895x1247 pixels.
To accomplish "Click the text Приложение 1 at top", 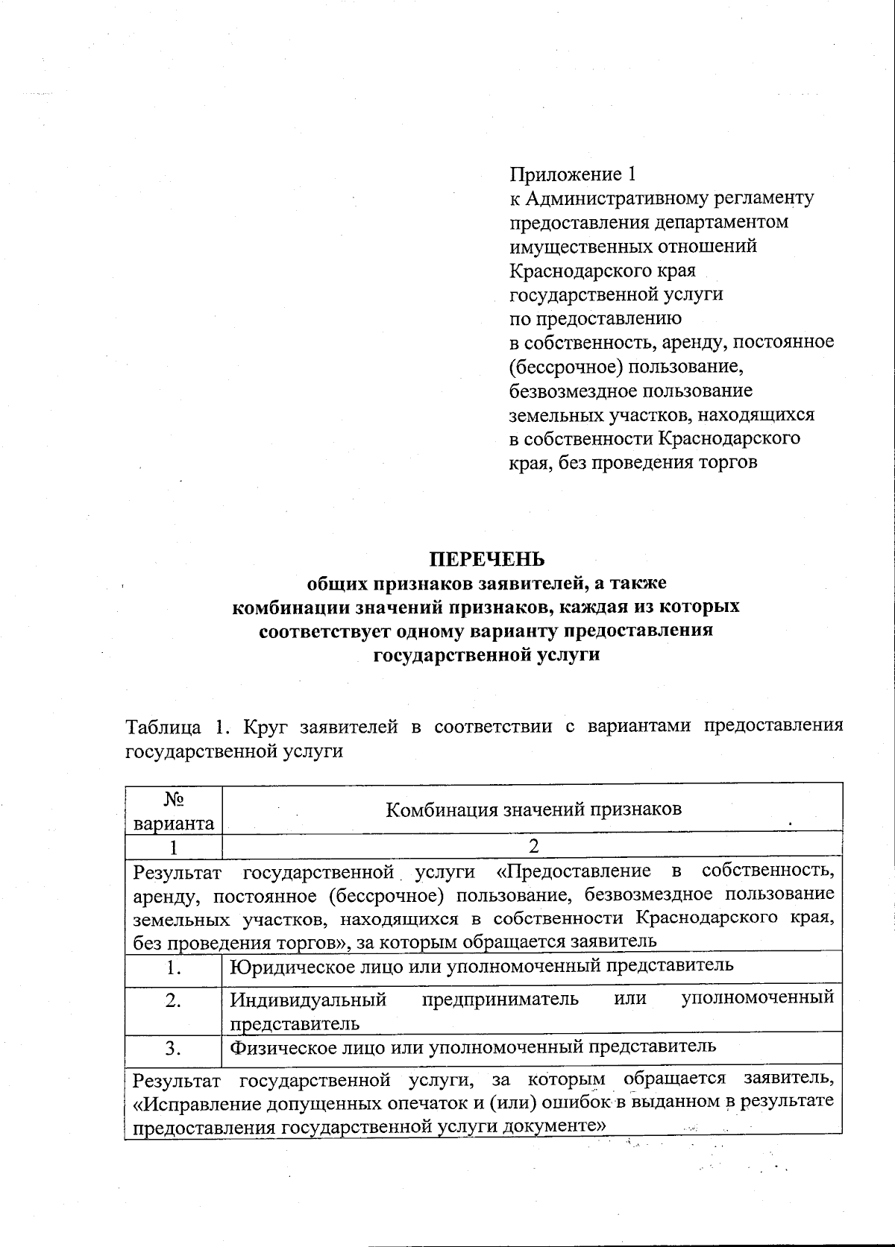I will coord(572,174).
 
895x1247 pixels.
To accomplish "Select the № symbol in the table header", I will coord(173,799).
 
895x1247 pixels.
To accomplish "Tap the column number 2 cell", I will coord(533,845).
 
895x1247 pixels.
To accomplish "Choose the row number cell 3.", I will coord(174,1048).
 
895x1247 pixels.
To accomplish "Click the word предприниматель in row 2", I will coord(500,999).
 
